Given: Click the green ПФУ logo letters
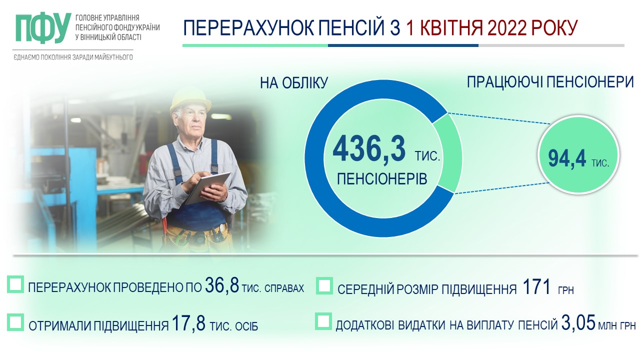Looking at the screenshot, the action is (x=43, y=27).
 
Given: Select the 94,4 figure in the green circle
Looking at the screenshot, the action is (x=567, y=158).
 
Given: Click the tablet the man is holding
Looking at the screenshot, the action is (x=207, y=187).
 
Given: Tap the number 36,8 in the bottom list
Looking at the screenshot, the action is (x=221, y=284).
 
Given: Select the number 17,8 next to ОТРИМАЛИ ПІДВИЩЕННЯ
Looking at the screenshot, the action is (x=189, y=322).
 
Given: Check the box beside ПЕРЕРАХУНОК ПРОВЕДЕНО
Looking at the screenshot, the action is (x=15, y=284).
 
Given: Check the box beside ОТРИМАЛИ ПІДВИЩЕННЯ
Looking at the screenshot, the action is (x=15, y=322).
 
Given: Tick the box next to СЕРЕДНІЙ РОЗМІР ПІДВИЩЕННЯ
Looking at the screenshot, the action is (x=324, y=285).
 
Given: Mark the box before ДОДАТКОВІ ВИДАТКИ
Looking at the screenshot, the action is (x=323, y=321).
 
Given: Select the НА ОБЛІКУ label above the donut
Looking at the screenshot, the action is (x=293, y=83).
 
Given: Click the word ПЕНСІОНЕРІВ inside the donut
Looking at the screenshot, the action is (x=382, y=179).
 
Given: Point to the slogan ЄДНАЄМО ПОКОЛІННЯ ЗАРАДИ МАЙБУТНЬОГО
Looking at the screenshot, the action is (x=73, y=57).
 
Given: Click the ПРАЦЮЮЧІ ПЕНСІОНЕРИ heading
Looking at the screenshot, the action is (x=550, y=82).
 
